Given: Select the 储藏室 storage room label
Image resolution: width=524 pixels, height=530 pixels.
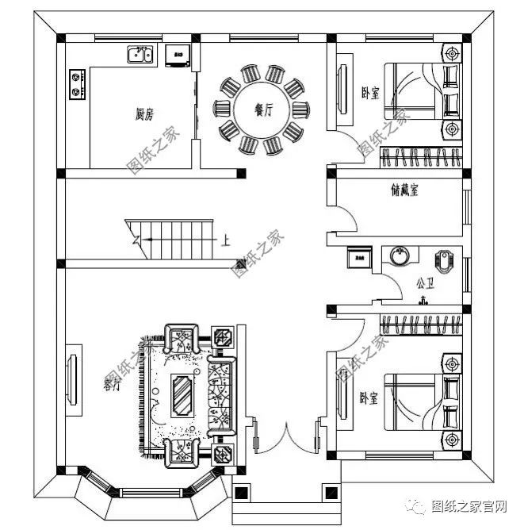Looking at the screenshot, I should [x=404, y=190].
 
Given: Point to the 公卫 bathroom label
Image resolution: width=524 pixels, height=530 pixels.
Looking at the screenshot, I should [x=425, y=281].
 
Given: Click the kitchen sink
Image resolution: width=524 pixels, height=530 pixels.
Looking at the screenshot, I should [x=140, y=55].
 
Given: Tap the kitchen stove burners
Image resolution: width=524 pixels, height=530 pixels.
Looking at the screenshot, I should [x=77, y=85].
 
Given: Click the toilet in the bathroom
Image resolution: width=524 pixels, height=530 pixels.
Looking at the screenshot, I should [x=445, y=259].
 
